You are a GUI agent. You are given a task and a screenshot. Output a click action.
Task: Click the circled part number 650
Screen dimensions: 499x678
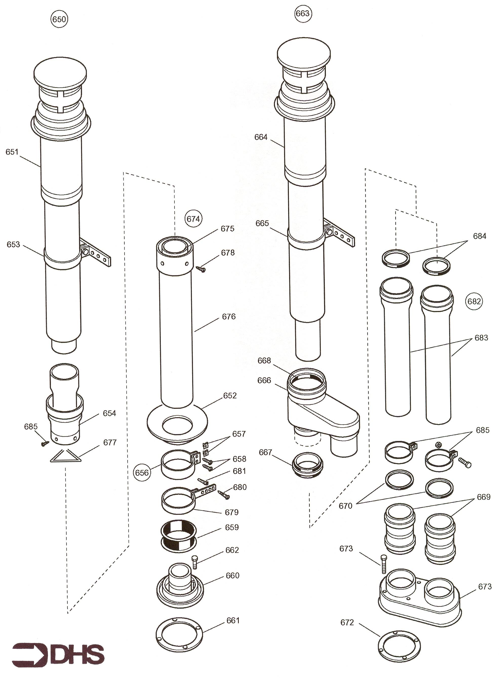pyautogui.click(x=59, y=19)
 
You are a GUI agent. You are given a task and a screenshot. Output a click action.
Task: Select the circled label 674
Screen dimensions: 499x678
pyautogui.click(x=193, y=219)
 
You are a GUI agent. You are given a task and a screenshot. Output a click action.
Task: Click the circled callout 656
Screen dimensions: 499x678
pyautogui.click(x=142, y=472)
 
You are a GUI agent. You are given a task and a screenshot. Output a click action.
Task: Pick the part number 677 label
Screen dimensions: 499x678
pyautogui.click(x=110, y=443)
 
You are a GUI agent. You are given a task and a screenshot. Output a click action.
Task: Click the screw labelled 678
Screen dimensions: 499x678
pyautogui.click(x=201, y=269)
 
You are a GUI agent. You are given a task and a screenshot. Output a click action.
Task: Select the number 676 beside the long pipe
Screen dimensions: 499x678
pyautogui.click(x=229, y=317)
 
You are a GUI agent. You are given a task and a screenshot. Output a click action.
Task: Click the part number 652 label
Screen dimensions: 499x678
pyautogui.click(x=230, y=396)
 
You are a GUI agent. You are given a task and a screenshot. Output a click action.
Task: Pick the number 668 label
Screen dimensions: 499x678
pyautogui.click(x=264, y=360)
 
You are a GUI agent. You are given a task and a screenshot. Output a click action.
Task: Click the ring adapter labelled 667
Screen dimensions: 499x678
pyautogui.click(x=308, y=465)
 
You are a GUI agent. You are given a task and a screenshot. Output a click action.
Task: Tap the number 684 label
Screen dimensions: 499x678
pyautogui.click(x=480, y=236)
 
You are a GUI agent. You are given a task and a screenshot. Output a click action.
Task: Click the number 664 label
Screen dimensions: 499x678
pyautogui.click(x=261, y=137)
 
